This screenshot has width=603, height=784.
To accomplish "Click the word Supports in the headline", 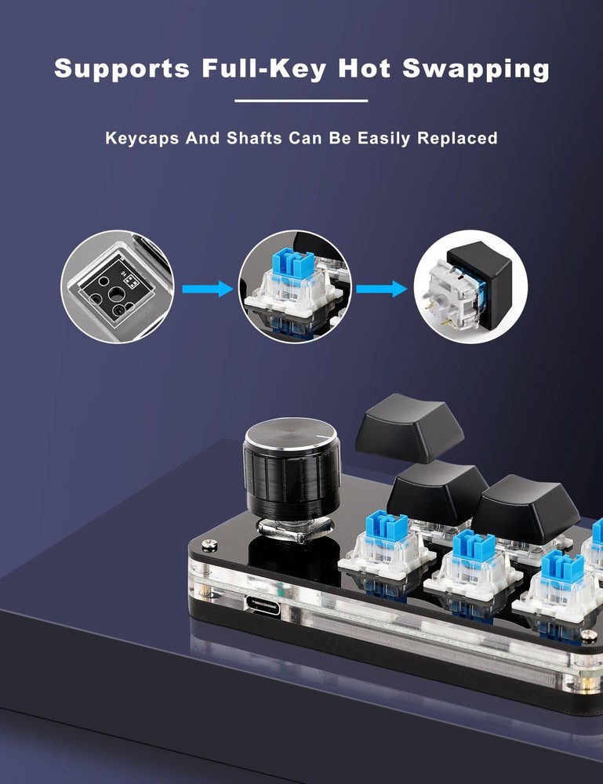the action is [122, 69].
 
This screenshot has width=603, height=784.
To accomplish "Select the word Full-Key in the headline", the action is [264, 69].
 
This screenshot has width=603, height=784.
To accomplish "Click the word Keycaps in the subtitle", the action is [142, 138].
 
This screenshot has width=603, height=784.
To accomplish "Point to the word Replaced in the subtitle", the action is [457, 138].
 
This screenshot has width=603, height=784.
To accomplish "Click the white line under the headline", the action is [301, 100].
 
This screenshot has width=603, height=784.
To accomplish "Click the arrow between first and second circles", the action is [208, 289].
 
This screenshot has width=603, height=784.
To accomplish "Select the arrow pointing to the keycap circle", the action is [382, 289].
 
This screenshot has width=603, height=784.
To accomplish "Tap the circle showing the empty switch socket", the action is [118, 286].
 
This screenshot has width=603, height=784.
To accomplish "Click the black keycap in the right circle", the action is [481, 281].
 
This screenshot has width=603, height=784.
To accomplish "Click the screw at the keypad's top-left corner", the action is [209, 545].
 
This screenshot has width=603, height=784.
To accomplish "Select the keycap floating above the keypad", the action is [409, 427].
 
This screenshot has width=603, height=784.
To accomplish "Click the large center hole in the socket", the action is [115, 293].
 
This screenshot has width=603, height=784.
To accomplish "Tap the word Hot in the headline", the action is [364, 68].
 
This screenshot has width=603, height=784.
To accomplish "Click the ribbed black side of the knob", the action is [292, 480].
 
